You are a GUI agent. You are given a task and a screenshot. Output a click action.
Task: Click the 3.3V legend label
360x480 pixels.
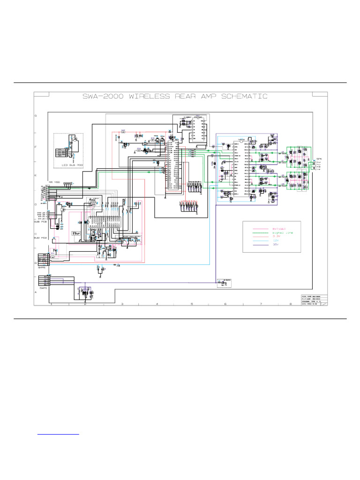[x=277, y=237]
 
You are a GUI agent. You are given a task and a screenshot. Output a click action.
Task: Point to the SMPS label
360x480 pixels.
[x=42, y=267]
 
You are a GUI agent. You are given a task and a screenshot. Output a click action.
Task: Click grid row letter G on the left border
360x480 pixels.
[x=35, y=115]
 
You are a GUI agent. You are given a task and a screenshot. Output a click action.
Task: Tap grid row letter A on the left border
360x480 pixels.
[x=35, y=292]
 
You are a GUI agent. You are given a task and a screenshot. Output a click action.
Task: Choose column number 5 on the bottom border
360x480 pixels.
[x=192, y=304]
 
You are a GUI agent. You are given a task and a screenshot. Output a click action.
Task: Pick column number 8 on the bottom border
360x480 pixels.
[x=290, y=304]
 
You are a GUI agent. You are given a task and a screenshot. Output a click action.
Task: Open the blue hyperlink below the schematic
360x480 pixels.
[x=58, y=433]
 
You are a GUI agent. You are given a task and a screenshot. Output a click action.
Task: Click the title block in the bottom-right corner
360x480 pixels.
[x=314, y=300]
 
